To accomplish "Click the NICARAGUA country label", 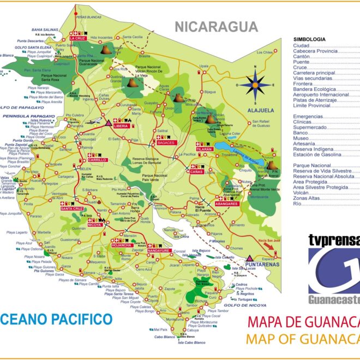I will click(x=215, y=26).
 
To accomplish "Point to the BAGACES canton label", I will click(x=165, y=142).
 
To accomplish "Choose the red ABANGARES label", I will click(x=226, y=203).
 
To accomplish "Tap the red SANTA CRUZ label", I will click(x=71, y=209).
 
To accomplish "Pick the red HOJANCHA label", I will click(x=122, y=244).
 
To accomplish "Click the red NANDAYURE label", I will click(x=159, y=250).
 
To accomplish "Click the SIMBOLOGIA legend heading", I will click(x=309, y=40).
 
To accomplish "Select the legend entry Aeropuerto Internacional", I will click(x=321, y=95).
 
